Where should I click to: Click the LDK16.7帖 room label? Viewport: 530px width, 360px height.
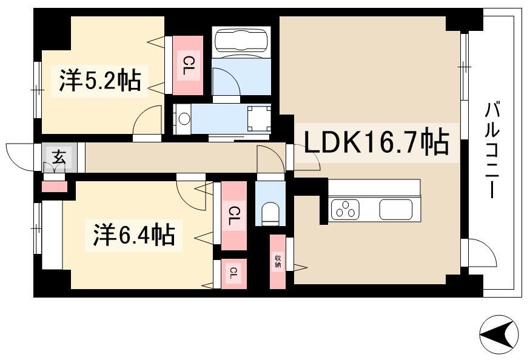377,142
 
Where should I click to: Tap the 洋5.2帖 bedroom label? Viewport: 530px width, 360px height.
99,81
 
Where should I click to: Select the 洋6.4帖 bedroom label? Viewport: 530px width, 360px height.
134,235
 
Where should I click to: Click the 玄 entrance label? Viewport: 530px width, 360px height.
59,157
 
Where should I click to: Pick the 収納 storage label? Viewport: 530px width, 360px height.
278,261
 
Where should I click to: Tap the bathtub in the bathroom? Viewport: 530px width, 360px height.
241,41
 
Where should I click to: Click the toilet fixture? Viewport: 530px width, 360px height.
270,213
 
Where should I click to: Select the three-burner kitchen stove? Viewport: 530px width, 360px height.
345,208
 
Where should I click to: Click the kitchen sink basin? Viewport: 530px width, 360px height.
396,209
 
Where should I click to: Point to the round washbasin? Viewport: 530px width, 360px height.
184,119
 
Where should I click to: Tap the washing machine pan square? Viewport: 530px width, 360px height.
259,119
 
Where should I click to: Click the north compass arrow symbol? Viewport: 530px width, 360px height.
499,335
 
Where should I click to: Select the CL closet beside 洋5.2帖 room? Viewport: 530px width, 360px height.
187,65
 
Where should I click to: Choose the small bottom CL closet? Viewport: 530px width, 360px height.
233,273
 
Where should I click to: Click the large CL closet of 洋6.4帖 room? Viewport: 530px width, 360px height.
233,216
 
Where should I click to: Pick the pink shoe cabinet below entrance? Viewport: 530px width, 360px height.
55,187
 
